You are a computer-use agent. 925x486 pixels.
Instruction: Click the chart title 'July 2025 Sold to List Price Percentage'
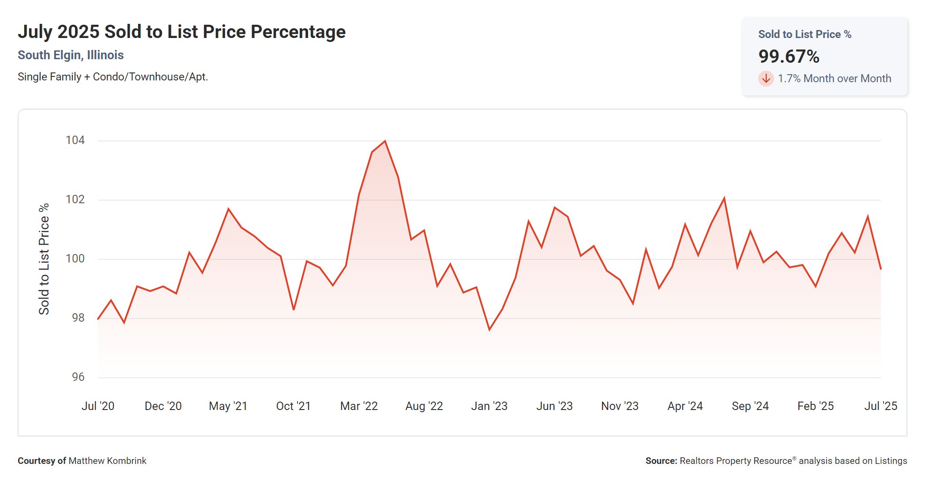tap(181, 32)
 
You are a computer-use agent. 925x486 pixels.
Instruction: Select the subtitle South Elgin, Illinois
tap(71, 55)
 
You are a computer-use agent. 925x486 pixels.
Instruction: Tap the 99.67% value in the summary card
tap(789, 57)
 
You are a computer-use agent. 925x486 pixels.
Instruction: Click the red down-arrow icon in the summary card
tap(766, 79)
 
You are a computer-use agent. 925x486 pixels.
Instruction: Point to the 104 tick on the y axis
tap(75, 140)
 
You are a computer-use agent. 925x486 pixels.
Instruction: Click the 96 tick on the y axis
tap(78, 377)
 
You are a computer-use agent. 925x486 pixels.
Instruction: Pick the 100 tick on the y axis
tap(75, 258)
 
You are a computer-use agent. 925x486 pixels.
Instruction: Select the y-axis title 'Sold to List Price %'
tap(44, 259)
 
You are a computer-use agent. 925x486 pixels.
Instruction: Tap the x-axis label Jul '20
tap(98, 406)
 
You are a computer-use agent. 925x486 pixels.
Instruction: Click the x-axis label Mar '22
tap(359, 406)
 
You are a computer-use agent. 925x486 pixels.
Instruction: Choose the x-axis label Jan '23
tap(489, 406)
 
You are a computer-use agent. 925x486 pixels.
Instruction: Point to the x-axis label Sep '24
tap(750, 406)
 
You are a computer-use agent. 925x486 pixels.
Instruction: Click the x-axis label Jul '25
tap(880, 406)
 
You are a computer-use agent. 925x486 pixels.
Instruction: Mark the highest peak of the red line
tap(385, 141)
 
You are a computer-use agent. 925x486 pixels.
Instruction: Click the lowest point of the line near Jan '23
tap(489, 330)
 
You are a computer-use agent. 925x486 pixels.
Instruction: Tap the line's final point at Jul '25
tap(880, 269)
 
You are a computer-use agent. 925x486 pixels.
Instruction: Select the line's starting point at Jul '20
tap(98, 319)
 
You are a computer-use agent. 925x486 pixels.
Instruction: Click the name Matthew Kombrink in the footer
tap(107, 461)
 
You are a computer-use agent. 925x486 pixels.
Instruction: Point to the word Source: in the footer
tap(661, 461)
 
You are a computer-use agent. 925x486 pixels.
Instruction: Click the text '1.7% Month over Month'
tap(834, 79)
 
